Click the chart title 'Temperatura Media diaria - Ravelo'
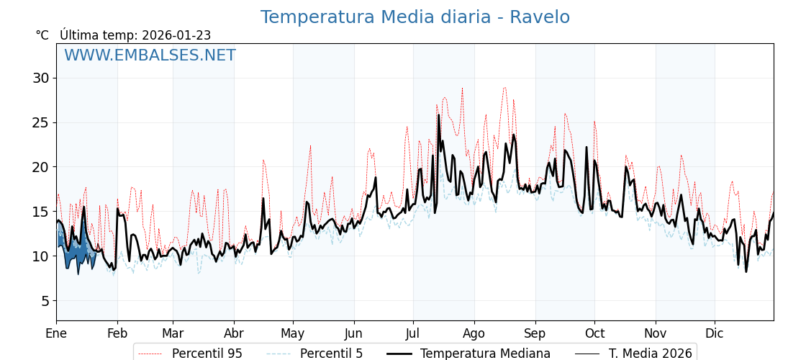(415, 17)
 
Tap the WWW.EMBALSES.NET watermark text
(150, 55)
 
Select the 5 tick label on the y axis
(45, 301)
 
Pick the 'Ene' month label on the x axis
(56, 333)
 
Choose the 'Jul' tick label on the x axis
(413, 333)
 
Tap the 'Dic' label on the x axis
(715, 333)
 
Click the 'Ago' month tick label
(474, 333)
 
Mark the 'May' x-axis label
(293, 333)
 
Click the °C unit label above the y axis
(42, 35)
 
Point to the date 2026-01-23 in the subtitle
(176, 35)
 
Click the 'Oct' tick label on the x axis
(594, 333)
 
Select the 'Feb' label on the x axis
(117, 333)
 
